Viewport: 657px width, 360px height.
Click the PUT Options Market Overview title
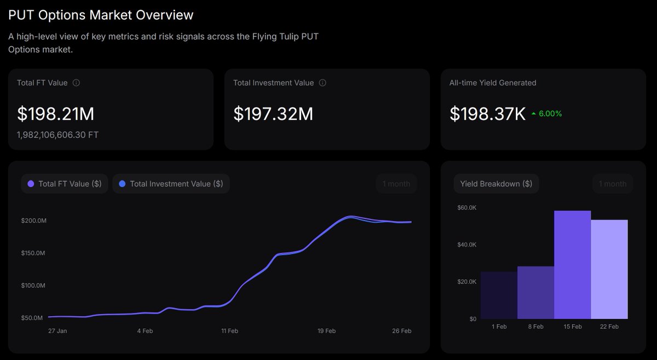[x=101, y=15]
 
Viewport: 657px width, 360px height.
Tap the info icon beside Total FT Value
[x=76, y=83]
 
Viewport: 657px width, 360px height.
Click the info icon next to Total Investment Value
[x=322, y=83]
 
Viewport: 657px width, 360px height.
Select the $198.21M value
[x=55, y=114]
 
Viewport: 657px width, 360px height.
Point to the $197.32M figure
[x=273, y=114]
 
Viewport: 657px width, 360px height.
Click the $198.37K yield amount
[x=487, y=114]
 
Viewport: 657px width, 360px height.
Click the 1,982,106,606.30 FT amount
[x=58, y=135]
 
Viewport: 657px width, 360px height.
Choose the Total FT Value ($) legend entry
[x=65, y=184]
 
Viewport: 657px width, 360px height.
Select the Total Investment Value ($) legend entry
[x=171, y=184]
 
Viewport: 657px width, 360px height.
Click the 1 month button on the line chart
[x=396, y=184]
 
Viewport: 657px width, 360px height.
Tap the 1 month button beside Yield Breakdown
[x=613, y=184]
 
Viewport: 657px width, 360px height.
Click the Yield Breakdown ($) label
[x=496, y=184]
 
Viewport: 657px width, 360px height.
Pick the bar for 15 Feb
[x=572, y=265]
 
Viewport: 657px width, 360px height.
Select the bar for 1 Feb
[x=498, y=295]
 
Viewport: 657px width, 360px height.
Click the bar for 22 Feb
[x=609, y=269]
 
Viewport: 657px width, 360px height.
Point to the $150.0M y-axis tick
[x=33, y=253]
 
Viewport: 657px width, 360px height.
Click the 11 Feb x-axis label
[x=229, y=331]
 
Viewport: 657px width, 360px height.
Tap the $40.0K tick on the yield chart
[x=466, y=245]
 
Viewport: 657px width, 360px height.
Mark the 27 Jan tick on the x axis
[x=57, y=331]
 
